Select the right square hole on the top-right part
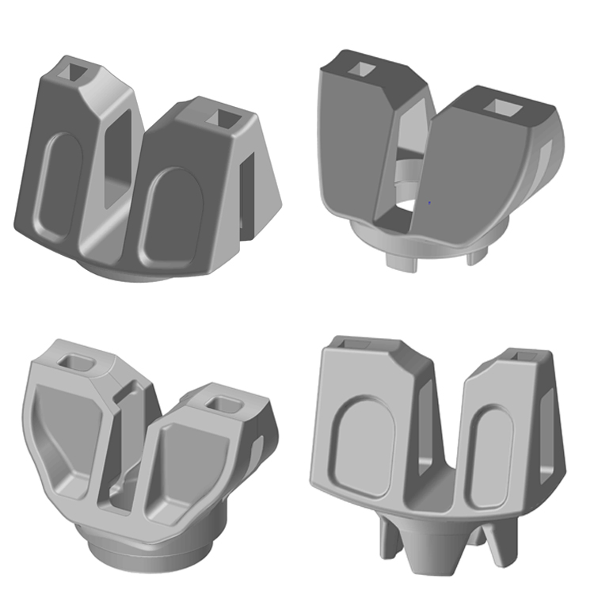click(502, 106)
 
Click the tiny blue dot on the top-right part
click(428, 204)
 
